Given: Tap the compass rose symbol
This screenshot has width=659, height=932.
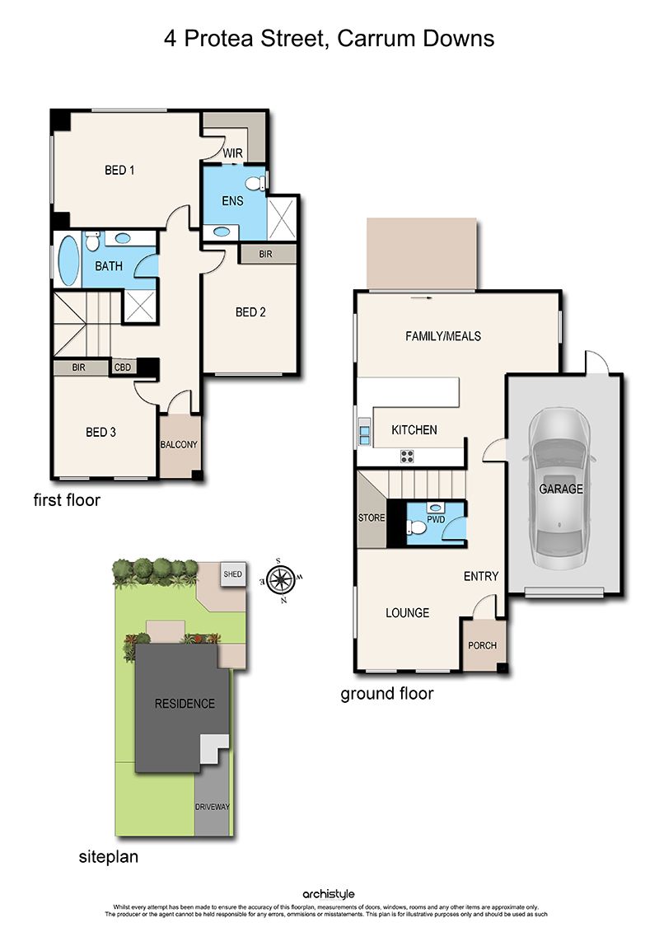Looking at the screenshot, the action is pyautogui.click(x=281, y=579).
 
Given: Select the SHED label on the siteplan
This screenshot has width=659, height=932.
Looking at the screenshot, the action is pyautogui.click(x=232, y=574).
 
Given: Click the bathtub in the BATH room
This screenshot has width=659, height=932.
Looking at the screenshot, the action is pyautogui.click(x=68, y=260).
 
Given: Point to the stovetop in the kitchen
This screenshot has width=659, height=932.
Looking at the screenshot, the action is pyautogui.click(x=407, y=457).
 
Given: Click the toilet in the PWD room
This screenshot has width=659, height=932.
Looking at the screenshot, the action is pyautogui.click(x=416, y=527).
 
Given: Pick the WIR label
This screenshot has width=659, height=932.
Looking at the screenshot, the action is pyautogui.click(x=232, y=153).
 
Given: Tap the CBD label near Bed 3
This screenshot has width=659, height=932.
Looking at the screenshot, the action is pyautogui.click(x=123, y=368).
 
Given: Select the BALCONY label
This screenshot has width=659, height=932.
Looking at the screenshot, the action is pyautogui.click(x=179, y=445).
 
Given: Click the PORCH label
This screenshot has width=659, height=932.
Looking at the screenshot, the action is pyautogui.click(x=482, y=645).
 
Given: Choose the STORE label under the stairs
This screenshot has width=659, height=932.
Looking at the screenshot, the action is pyautogui.click(x=372, y=518).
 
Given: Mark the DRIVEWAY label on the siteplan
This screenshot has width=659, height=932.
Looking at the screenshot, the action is pyautogui.click(x=213, y=807).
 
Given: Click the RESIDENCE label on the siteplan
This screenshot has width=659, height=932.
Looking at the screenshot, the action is pyautogui.click(x=185, y=704).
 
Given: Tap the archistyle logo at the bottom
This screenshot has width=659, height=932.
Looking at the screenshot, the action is pyautogui.click(x=329, y=894).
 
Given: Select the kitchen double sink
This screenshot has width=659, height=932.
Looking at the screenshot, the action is pyautogui.click(x=363, y=432).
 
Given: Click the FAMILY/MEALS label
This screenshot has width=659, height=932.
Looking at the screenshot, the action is pyautogui.click(x=443, y=336).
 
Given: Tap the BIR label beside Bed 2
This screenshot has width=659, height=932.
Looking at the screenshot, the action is pyautogui.click(x=265, y=255).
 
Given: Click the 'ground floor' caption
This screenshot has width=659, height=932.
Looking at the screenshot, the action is pyautogui.click(x=387, y=694).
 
